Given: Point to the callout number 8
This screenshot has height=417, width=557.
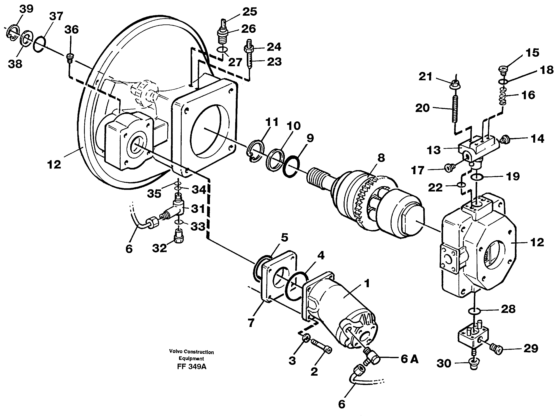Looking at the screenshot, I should pos(381,158).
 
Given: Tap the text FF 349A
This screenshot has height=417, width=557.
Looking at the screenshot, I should pos(192,366).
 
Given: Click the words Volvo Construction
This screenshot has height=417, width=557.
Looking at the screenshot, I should pos(191,352).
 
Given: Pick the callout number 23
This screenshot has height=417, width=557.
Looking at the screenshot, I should pos(274,62).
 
